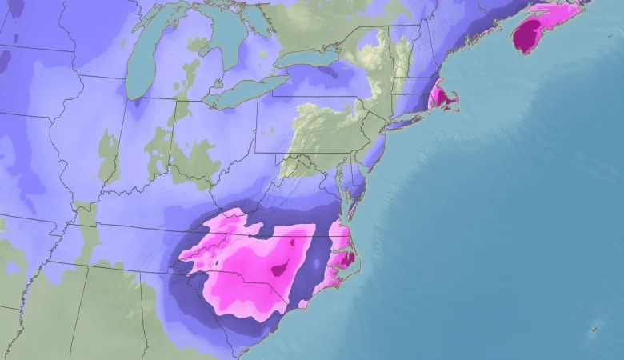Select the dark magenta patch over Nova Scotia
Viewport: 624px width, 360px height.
click(527, 36)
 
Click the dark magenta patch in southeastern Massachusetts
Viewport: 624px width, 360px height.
click(438, 98)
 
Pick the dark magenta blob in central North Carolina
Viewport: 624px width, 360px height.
click(281, 269)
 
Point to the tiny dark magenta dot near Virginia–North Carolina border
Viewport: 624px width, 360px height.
click(293, 241)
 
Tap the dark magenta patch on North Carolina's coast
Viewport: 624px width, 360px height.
click(346, 258)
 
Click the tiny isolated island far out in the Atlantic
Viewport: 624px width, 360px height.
click(594, 329)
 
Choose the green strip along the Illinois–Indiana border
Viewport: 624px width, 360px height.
click(108, 156)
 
